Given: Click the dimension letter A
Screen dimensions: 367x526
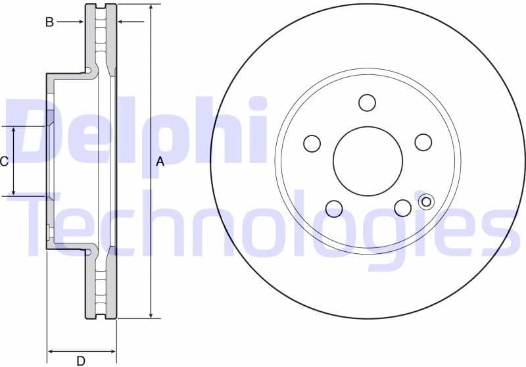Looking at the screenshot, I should (159, 162).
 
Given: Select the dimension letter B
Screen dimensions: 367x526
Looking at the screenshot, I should (49, 22).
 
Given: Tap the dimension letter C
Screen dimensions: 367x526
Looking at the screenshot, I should (4, 161).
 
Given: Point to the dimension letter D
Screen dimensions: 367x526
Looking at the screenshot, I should (80, 360).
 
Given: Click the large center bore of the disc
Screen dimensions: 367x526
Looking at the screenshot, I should (368, 160).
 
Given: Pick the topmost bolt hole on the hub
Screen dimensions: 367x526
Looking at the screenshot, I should (367, 103).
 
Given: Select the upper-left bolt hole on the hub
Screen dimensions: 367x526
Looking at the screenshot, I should (312, 143).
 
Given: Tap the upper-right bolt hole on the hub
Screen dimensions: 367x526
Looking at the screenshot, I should (423, 142).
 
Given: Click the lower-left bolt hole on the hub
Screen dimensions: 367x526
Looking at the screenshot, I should (334, 208).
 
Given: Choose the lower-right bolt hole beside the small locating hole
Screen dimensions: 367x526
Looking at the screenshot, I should (403, 208).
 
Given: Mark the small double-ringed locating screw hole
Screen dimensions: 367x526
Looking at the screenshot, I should (426, 201).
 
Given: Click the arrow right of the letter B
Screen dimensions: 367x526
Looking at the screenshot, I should (78, 22).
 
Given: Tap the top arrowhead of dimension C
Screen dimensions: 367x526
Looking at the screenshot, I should (14, 130).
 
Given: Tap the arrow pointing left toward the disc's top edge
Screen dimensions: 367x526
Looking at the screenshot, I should (122, 22).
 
